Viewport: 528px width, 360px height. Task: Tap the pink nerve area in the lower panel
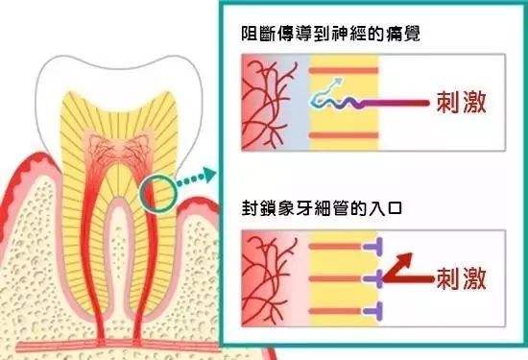click(267, 279)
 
